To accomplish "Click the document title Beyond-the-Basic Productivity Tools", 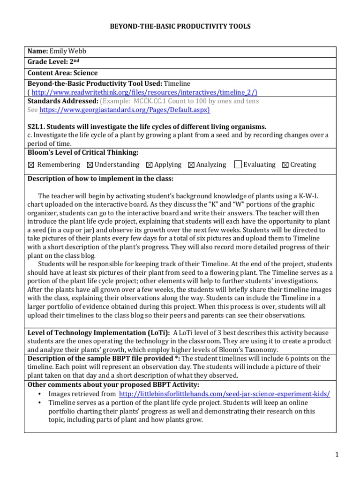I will (180, 26).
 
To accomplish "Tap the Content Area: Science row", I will (63, 73).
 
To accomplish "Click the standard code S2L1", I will (38, 127).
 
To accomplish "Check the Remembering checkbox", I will (31, 165).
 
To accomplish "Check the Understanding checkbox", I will (90, 165).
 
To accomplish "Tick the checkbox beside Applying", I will (149, 165).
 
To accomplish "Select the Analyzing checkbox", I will (191, 165).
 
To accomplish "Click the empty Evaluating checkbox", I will (238, 164).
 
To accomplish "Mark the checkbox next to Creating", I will (285, 165).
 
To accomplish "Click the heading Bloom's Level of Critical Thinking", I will (82, 152).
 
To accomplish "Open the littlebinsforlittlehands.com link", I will (225, 394).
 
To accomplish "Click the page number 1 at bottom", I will (337, 454).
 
